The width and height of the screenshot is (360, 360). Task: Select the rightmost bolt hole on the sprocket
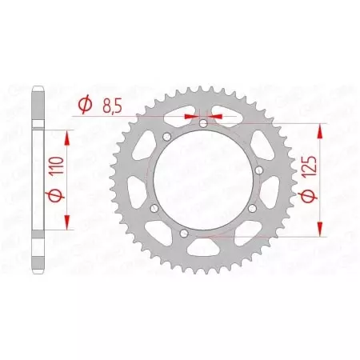click(x=253, y=210)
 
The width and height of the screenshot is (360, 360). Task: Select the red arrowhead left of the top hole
click(x=190, y=116)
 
